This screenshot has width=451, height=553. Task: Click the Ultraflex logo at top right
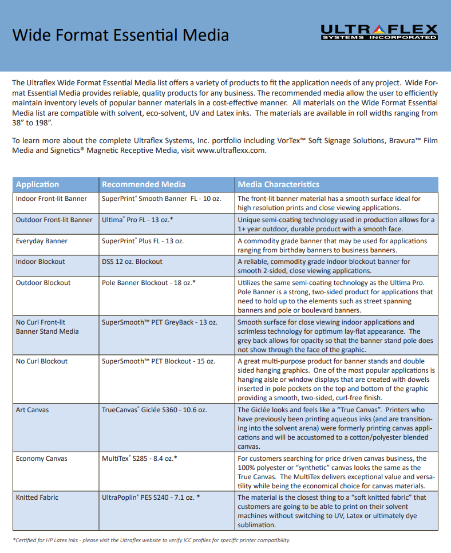[x=379, y=32]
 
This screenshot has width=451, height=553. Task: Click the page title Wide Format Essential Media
[x=121, y=35]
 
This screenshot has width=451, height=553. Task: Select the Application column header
[x=38, y=184]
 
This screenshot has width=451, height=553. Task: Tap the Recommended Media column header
[x=144, y=184]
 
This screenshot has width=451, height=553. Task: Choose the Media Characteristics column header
[x=279, y=184]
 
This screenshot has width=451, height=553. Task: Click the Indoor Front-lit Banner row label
[x=52, y=199]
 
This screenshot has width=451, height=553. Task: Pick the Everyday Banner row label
[x=42, y=241]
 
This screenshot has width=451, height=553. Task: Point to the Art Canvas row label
[x=33, y=410]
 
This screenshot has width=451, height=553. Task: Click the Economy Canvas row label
[x=42, y=459]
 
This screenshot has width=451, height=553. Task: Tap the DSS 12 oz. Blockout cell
[x=132, y=262]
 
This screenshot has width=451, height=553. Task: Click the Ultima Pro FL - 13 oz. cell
[x=138, y=220]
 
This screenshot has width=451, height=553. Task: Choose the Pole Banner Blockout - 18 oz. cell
[x=149, y=283]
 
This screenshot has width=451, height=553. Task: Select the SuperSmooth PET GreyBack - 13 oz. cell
[x=160, y=322]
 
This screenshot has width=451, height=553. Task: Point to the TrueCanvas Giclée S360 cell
[x=155, y=410]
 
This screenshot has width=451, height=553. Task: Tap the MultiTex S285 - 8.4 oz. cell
[x=140, y=459]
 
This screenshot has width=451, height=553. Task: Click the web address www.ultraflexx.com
[x=231, y=151]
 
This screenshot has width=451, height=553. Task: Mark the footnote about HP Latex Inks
[x=151, y=540]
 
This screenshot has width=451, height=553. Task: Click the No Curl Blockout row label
[x=42, y=361]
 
